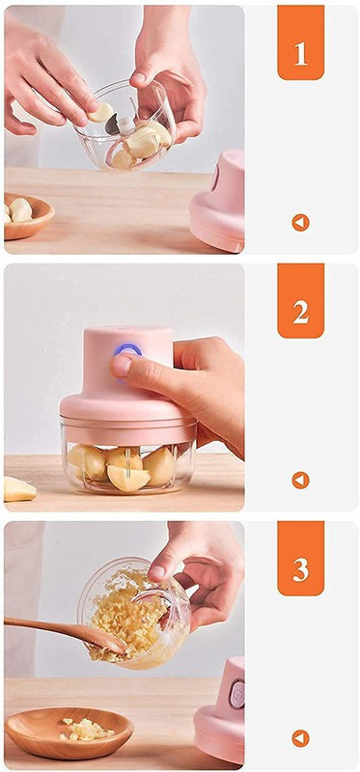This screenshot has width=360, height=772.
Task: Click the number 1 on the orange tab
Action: pos(300,56)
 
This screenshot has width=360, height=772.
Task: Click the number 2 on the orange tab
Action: pos(300,313)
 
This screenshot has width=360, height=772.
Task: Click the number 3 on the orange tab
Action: pos(300,571)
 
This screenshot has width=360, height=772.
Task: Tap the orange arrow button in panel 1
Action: pos(300,223)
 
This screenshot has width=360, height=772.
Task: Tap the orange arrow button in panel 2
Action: pos(300,480)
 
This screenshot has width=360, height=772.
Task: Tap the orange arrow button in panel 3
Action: pos(300,738)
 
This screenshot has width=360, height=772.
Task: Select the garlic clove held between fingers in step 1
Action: pos(101,112)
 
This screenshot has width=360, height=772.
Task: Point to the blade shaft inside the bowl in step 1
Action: pos(125,126)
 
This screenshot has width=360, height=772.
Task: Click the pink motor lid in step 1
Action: pos(218,202)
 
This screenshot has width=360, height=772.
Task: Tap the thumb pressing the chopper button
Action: pos(129,367)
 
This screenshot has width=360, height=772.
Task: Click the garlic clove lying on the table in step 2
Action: pos(18,489)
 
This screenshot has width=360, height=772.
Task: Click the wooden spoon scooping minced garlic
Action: pos(64,632)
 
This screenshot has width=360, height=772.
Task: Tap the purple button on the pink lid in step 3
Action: pos(236,694)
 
